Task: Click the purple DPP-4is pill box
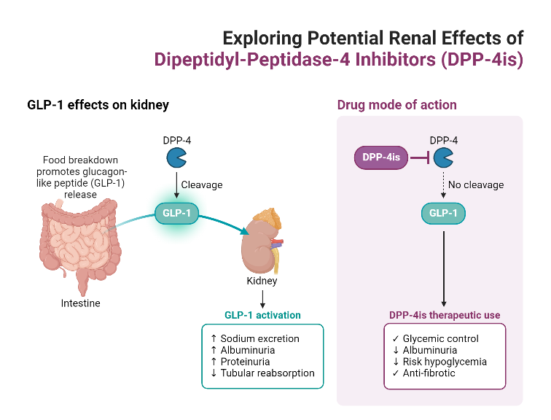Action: click(381, 157)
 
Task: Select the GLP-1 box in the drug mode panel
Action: click(444, 214)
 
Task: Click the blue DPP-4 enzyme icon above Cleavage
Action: click(176, 157)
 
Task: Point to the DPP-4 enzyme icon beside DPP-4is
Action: click(443, 157)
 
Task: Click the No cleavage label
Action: click(476, 185)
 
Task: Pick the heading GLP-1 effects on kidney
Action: click(98, 105)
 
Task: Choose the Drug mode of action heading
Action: click(396, 105)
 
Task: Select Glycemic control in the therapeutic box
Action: click(435, 338)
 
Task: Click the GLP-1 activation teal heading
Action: click(262, 316)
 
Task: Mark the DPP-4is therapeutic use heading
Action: click(443, 316)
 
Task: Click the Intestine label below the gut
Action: click(80, 303)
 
